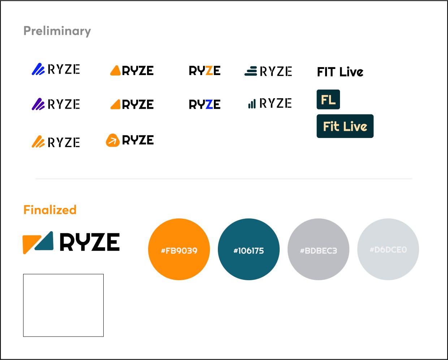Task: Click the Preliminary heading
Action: (57, 31)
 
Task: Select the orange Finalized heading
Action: (50, 210)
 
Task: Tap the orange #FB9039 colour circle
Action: (179, 249)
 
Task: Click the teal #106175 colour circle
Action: (249, 249)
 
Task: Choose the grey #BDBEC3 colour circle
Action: (318, 249)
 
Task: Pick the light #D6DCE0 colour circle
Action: (388, 249)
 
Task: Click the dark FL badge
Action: (328, 99)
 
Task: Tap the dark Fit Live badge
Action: (345, 126)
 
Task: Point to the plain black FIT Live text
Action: (340, 72)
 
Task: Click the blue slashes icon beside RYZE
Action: (38, 69)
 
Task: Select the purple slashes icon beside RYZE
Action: (38, 104)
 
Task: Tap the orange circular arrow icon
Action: (112, 140)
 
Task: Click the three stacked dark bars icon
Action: (251, 71)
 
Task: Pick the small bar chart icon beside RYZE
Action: (252, 104)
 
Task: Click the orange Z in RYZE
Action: (209, 71)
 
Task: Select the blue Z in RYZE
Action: (209, 105)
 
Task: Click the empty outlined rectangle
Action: (63, 305)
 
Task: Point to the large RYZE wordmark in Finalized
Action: (90, 242)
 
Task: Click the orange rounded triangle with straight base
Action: (116, 70)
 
